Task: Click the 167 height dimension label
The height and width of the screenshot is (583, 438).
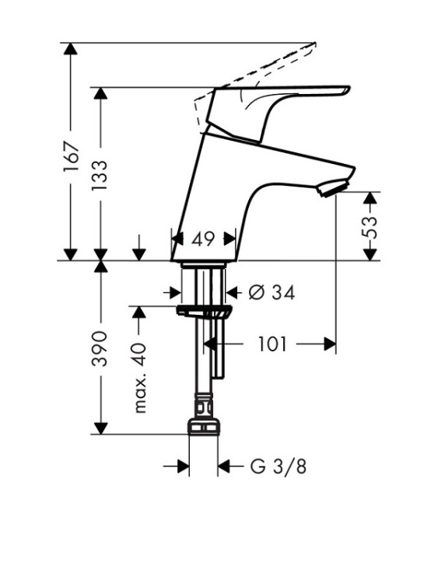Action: coord(72,156)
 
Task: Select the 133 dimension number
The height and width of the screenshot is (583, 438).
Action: coord(100,175)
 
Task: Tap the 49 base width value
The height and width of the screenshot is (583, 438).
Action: coord(203,239)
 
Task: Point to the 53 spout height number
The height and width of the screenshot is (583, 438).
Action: coord(369,227)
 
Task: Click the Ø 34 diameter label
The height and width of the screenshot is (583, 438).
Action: coord(272,292)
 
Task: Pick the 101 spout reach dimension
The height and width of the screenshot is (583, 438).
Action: coord(272,344)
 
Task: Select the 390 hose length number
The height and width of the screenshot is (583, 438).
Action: coord(100,348)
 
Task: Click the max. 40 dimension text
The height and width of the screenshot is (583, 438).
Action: coord(140,378)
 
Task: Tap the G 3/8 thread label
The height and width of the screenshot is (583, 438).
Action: coord(279,466)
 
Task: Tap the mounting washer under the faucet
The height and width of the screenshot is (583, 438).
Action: coord(205,312)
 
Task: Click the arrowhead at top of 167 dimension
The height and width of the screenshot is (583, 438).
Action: coord(70,49)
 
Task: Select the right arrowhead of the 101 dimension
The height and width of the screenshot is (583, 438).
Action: coord(330,344)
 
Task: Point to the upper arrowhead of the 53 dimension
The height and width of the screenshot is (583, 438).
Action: coord(370,197)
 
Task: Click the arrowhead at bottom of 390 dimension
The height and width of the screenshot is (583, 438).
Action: coord(100,428)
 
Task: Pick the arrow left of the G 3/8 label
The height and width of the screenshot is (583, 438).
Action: coord(177,466)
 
